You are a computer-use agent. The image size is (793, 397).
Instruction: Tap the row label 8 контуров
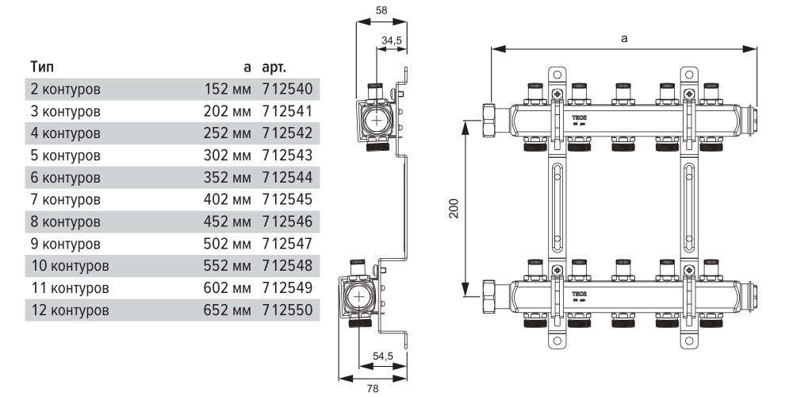point(65,220)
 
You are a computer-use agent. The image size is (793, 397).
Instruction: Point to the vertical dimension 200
point(451,207)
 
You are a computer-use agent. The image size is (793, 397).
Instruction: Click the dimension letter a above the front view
point(625,37)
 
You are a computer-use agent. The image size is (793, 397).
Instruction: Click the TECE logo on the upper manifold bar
point(579,116)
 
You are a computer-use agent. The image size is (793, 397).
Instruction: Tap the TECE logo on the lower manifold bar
point(579,293)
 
